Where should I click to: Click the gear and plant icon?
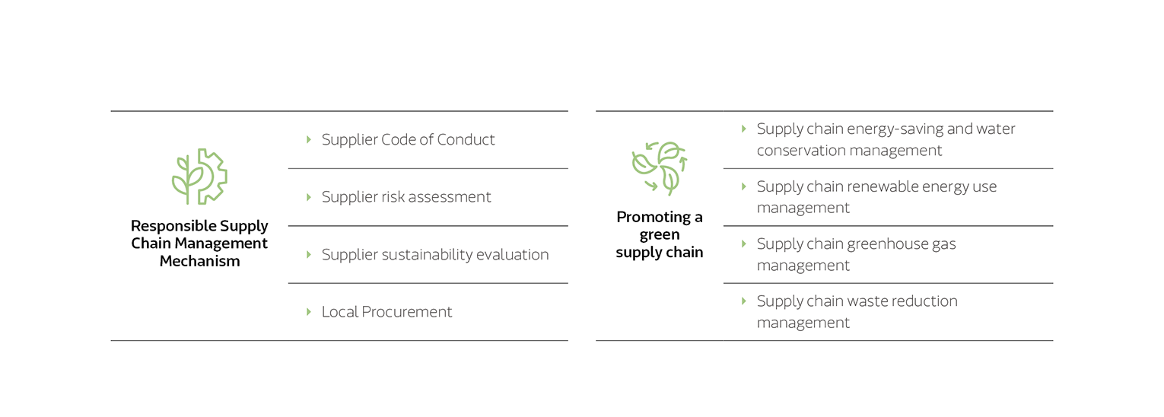(x=199, y=177)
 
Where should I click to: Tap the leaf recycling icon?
(x=659, y=168)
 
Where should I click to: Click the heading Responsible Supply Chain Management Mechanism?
(x=199, y=244)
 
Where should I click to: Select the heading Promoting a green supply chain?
(x=659, y=234)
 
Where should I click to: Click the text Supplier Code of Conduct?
(x=408, y=139)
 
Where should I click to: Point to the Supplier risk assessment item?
(x=406, y=197)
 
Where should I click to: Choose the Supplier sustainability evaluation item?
(x=434, y=254)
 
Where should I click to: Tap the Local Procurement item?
(x=386, y=312)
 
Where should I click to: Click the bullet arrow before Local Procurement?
(x=308, y=312)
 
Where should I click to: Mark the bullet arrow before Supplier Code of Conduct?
(x=308, y=139)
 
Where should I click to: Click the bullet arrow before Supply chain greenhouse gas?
(x=744, y=244)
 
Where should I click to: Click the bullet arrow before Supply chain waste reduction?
(x=744, y=301)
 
